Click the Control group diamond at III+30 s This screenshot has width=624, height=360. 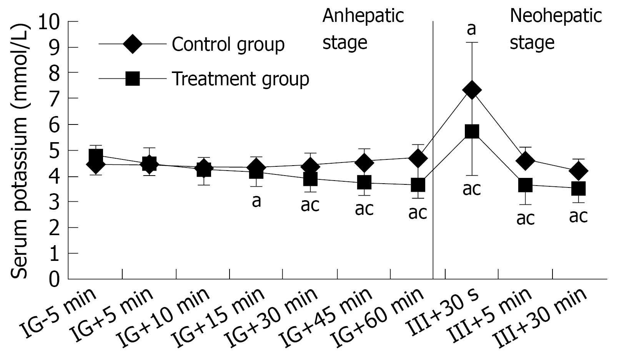(x=472, y=90)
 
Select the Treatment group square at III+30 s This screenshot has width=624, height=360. (x=472, y=131)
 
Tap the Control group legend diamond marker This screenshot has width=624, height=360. (x=132, y=44)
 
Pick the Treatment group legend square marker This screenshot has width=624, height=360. (x=132, y=78)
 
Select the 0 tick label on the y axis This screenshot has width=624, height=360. (x=55, y=279)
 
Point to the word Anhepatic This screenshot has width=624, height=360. (x=363, y=16)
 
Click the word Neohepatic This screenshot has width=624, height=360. (x=556, y=16)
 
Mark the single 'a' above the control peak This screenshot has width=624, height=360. (x=471, y=30)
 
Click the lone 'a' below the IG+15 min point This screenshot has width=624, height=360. (x=256, y=201)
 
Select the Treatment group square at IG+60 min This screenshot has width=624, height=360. (x=418, y=184)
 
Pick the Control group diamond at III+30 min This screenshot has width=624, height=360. (x=578, y=171)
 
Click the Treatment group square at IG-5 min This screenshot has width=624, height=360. (x=96, y=156)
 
